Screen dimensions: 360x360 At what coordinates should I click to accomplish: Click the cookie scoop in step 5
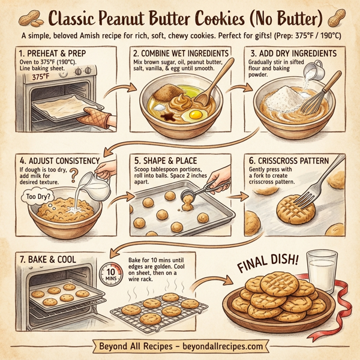pyautogui.click(x=203, y=193)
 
